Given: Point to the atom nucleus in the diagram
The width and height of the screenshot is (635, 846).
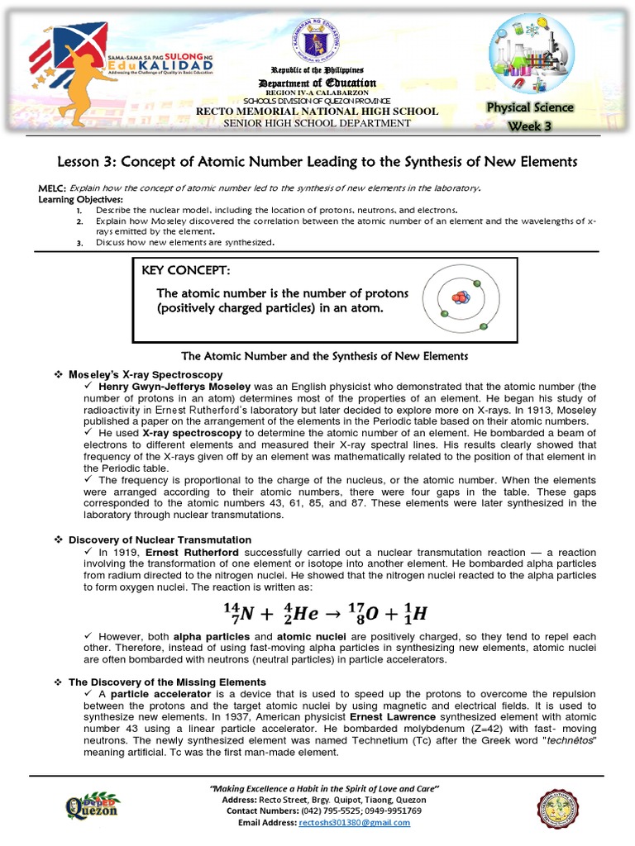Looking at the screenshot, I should (x=460, y=297).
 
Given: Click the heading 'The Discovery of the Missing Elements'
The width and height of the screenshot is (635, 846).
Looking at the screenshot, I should (x=166, y=682).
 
